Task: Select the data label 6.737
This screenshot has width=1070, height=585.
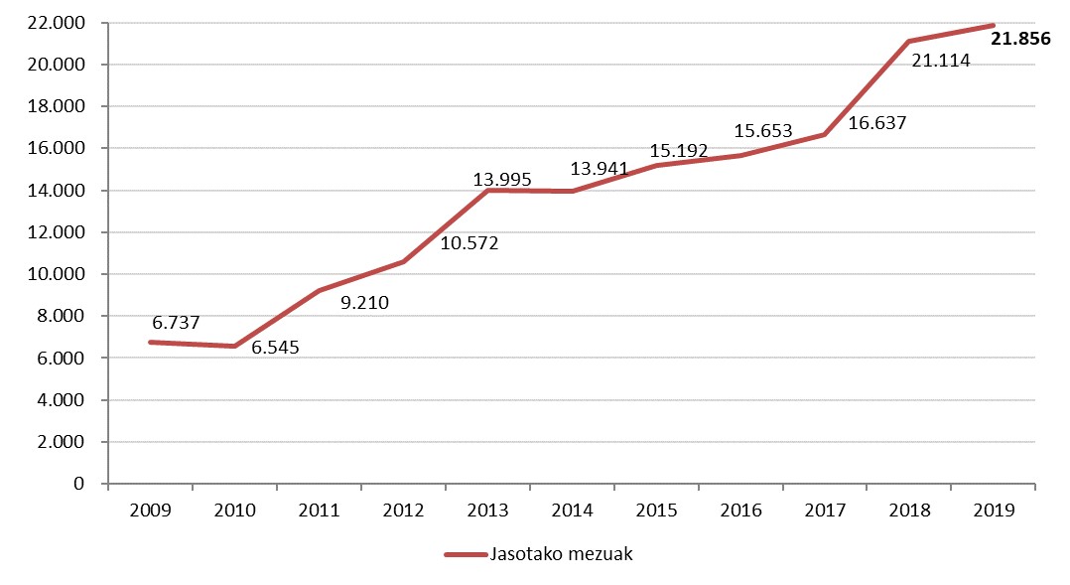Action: point(177,323)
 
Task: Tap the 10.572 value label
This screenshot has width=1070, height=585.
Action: point(468,242)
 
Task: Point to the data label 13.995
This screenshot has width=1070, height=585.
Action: point(502,180)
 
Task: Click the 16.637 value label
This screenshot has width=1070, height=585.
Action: point(877,123)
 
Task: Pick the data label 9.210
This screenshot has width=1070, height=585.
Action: point(364,303)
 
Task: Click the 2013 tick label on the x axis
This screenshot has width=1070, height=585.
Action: point(488,511)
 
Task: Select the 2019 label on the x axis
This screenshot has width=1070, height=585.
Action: point(994,511)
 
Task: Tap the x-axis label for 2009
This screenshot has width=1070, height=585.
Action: point(151,511)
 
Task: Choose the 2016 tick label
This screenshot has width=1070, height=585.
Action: point(740,511)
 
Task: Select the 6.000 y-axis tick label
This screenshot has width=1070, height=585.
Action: point(62,359)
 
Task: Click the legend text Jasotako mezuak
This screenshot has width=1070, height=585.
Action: point(561,554)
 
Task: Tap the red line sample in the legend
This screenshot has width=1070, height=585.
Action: point(463,554)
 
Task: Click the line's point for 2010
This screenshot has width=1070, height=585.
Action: point(235,347)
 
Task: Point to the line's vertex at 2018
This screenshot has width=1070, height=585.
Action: point(909,42)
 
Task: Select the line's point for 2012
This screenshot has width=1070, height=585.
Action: point(404,262)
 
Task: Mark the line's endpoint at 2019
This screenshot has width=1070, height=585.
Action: point(994,26)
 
